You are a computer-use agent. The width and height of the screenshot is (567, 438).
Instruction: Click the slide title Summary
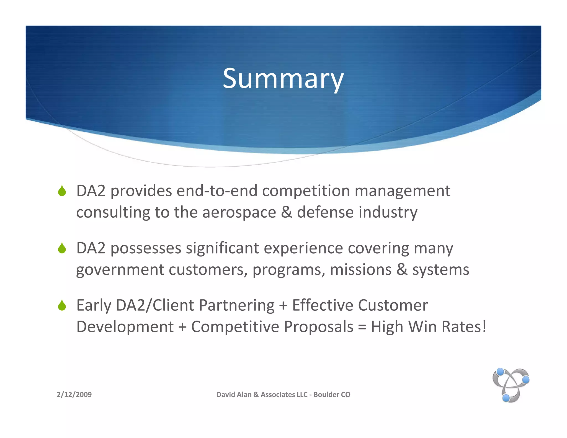(283, 79)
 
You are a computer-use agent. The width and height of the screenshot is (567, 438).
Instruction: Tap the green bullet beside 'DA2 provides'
(62, 191)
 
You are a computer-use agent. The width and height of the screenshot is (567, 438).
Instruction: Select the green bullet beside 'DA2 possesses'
(62, 248)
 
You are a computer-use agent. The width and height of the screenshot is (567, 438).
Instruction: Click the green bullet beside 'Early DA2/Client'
(62, 305)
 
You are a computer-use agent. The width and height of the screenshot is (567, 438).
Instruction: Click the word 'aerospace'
(239, 213)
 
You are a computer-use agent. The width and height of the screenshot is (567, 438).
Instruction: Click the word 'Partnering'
(237, 305)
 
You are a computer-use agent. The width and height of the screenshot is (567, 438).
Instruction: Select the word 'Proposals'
(318, 327)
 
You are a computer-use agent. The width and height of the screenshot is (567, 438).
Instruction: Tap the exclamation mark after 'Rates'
(484, 326)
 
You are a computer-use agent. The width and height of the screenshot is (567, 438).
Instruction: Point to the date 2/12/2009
(74, 395)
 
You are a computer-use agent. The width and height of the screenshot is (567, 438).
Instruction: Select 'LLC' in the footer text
(302, 395)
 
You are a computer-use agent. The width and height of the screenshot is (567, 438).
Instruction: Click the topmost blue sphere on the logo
(500, 372)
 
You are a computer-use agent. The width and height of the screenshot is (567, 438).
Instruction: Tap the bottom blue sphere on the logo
(506, 398)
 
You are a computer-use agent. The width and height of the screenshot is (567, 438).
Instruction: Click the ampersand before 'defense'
(286, 213)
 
